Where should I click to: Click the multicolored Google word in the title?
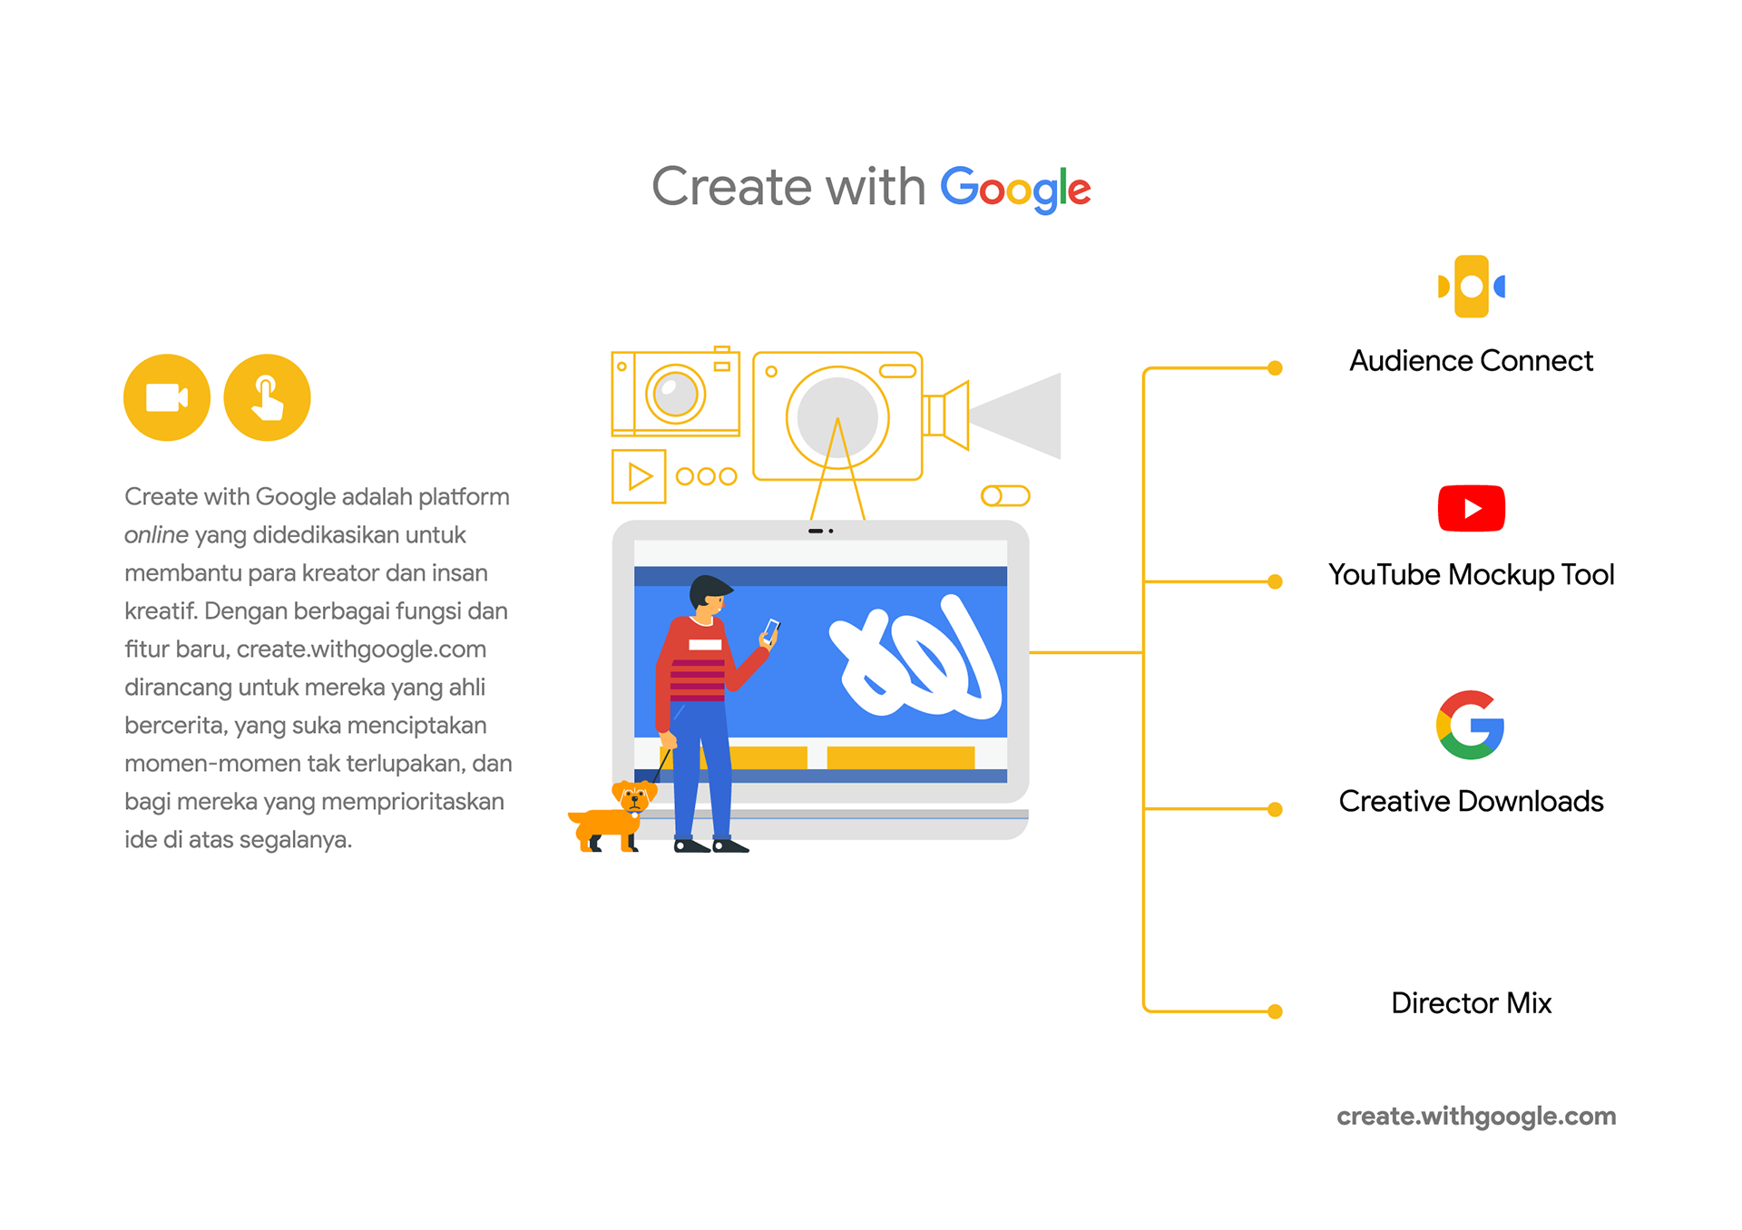(x=1014, y=188)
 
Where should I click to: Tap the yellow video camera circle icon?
(x=167, y=397)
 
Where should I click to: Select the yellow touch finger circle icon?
(x=267, y=397)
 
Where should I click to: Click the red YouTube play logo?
(x=1471, y=508)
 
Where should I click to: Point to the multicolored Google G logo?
(x=1470, y=725)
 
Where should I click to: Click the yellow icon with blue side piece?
(x=1471, y=287)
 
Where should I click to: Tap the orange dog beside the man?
(x=613, y=817)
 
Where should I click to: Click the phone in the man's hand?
(x=771, y=630)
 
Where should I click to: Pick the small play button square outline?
(x=639, y=476)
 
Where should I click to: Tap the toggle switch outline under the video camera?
(x=1005, y=496)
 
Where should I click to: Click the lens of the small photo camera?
(x=675, y=394)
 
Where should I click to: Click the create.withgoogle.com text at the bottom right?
(x=1476, y=1117)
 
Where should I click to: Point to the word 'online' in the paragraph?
(x=156, y=535)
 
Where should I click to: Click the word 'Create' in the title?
(x=731, y=187)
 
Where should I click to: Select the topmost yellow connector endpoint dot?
(x=1275, y=368)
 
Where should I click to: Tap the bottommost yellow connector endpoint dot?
(x=1275, y=1011)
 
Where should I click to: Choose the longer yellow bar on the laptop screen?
(x=900, y=757)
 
